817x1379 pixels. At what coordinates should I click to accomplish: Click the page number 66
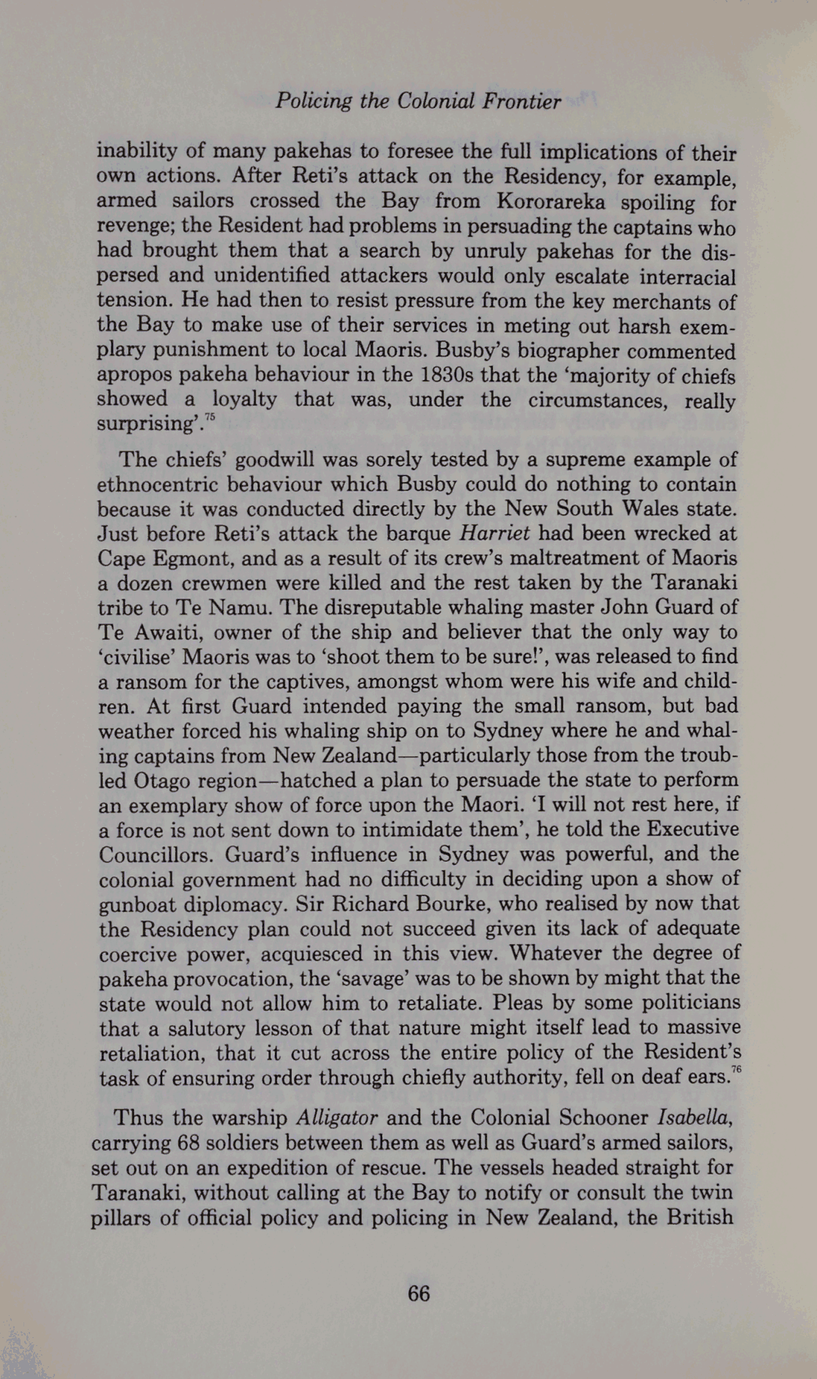point(419,1293)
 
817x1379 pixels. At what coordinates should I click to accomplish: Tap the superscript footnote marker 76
point(736,1072)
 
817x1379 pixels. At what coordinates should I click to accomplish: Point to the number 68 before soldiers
point(191,1144)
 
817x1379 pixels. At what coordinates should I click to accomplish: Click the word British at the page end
point(700,1218)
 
